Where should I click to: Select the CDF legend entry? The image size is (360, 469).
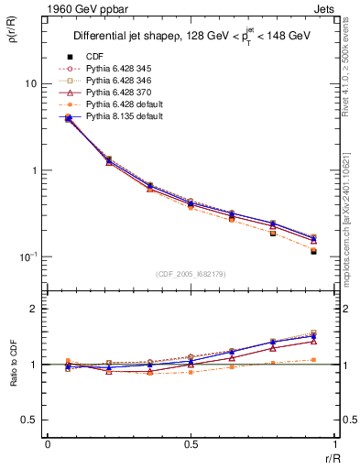click(x=103, y=56)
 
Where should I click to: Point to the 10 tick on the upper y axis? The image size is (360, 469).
click(x=30, y=84)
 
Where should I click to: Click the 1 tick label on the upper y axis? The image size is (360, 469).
click(x=34, y=171)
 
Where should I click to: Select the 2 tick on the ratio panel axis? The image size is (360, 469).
click(x=34, y=310)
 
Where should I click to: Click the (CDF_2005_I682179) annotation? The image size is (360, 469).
click(x=191, y=274)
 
